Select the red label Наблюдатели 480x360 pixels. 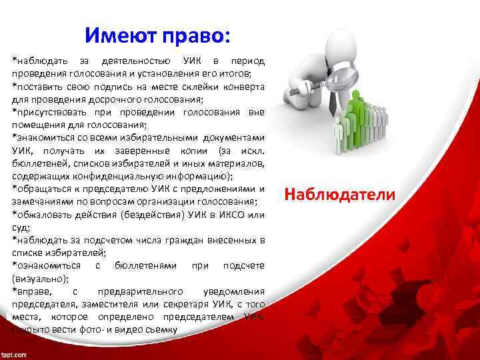(339, 194)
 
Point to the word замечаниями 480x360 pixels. (43, 201)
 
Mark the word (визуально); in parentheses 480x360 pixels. (36, 278)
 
